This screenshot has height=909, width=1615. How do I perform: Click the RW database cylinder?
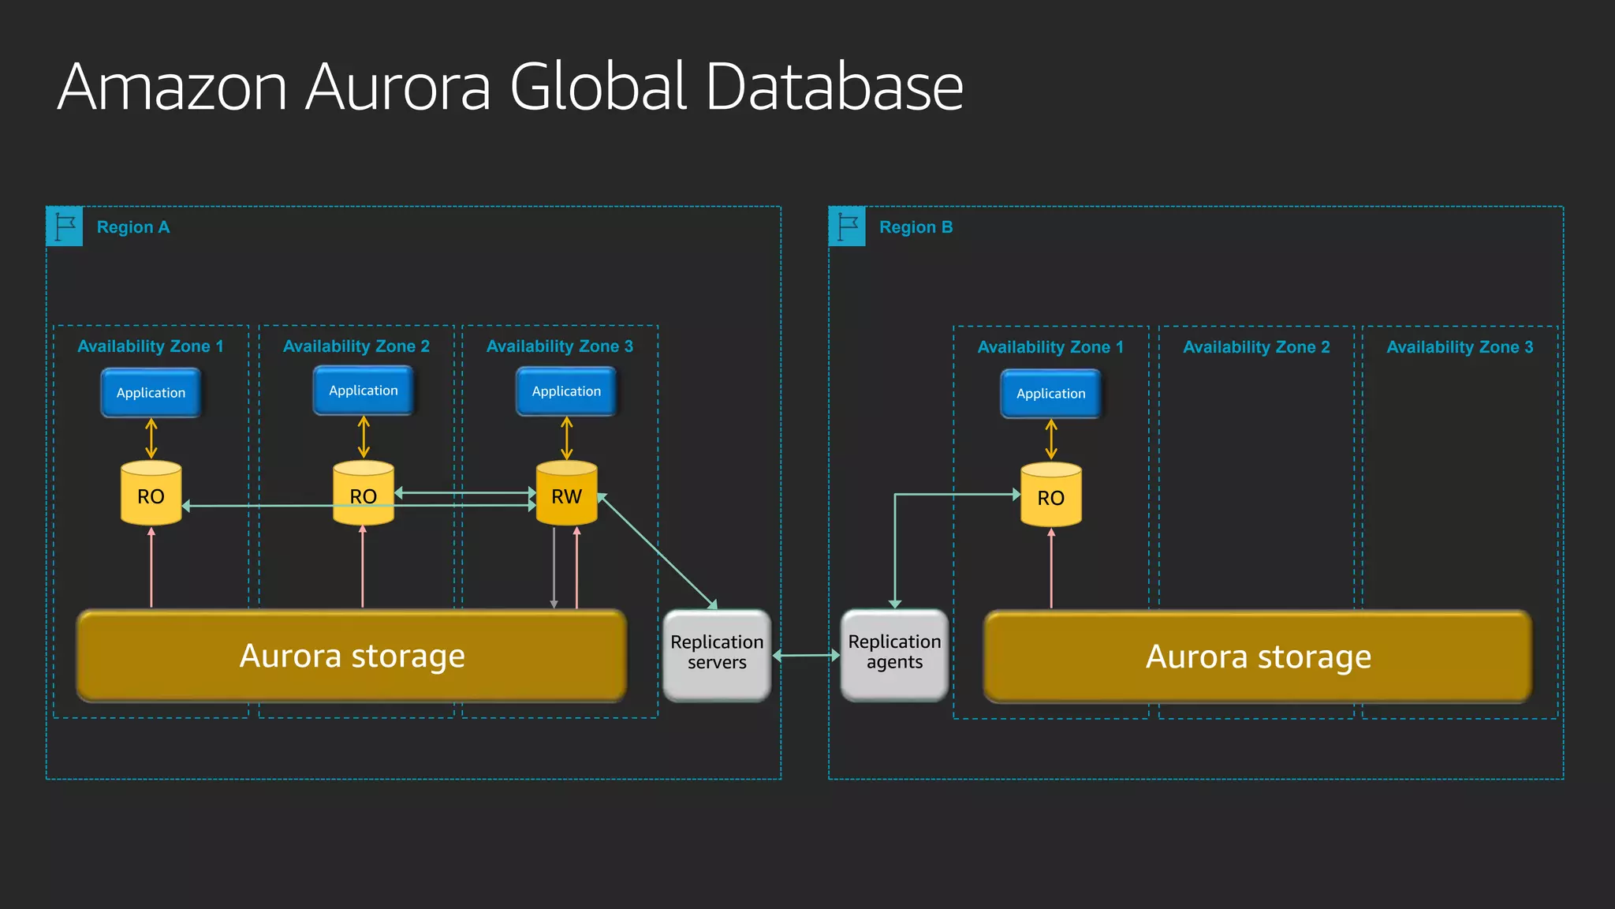tap(566, 494)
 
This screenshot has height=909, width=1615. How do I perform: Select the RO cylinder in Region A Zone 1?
tap(151, 494)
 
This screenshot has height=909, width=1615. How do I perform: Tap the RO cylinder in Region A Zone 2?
tap(363, 494)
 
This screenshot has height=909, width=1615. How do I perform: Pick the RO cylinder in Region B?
tap(1050, 496)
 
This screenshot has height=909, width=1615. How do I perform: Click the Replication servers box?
tap(717, 654)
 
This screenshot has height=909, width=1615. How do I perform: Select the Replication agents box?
tap(894, 654)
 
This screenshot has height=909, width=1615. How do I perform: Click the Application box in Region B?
tap(1050, 393)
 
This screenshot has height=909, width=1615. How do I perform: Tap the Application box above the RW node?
tap(566, 391)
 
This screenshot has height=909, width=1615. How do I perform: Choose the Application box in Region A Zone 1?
tap(151, 392)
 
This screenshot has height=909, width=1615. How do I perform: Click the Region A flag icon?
tap(65, 226)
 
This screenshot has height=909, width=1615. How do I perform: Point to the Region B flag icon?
tap(847, 226)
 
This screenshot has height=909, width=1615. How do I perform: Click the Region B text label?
tap(916, 227)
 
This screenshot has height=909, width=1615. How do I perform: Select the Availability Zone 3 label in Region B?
tap(1460, 347)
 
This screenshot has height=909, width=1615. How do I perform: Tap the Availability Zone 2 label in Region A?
tap(356, 346)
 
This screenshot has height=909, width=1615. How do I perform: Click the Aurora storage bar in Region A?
tap(352, 656)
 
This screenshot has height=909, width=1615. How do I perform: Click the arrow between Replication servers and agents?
tap(806, 655)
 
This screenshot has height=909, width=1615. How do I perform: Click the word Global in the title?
tap(599, 87)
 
